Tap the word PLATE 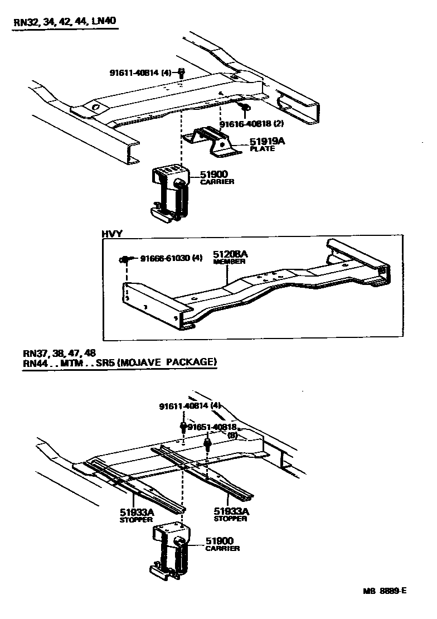point(262,149)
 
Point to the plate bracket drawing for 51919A point(215,141)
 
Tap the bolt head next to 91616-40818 point(244,107)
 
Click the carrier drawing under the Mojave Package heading point(169,549)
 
